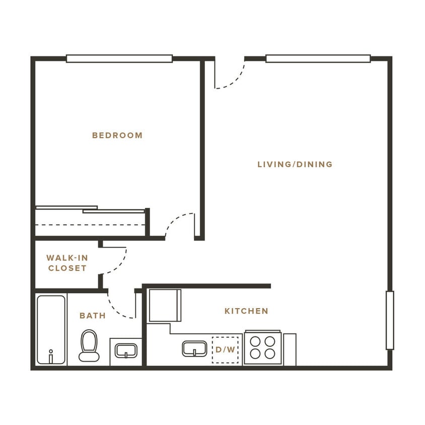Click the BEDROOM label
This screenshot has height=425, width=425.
click(x=117, y=135)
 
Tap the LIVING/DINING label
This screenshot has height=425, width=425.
click(x=295, y=164)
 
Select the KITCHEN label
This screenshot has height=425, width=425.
click(x=246, y=311)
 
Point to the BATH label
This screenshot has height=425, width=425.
click(x=93, y=316)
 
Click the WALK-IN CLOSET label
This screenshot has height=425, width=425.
click(x=67, y=263)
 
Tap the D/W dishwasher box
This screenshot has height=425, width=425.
click(x=225, y=349)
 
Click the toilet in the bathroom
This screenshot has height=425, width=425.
click(x=89, y=345)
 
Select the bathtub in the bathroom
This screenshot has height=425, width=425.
click(x=51, y=329)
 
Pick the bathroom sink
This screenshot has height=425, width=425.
click(x=126, y=350)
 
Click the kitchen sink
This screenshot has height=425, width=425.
click(x=194, y=348)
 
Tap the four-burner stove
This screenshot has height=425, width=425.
click(x=263, y=347)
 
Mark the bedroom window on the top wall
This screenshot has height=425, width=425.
click(x=119, y=58)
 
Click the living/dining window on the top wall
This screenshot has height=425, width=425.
click(x=318, y=58)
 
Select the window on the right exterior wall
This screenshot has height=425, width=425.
click(x=390, y=320)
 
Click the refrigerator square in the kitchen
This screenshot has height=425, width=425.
click(x=165, y=305)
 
